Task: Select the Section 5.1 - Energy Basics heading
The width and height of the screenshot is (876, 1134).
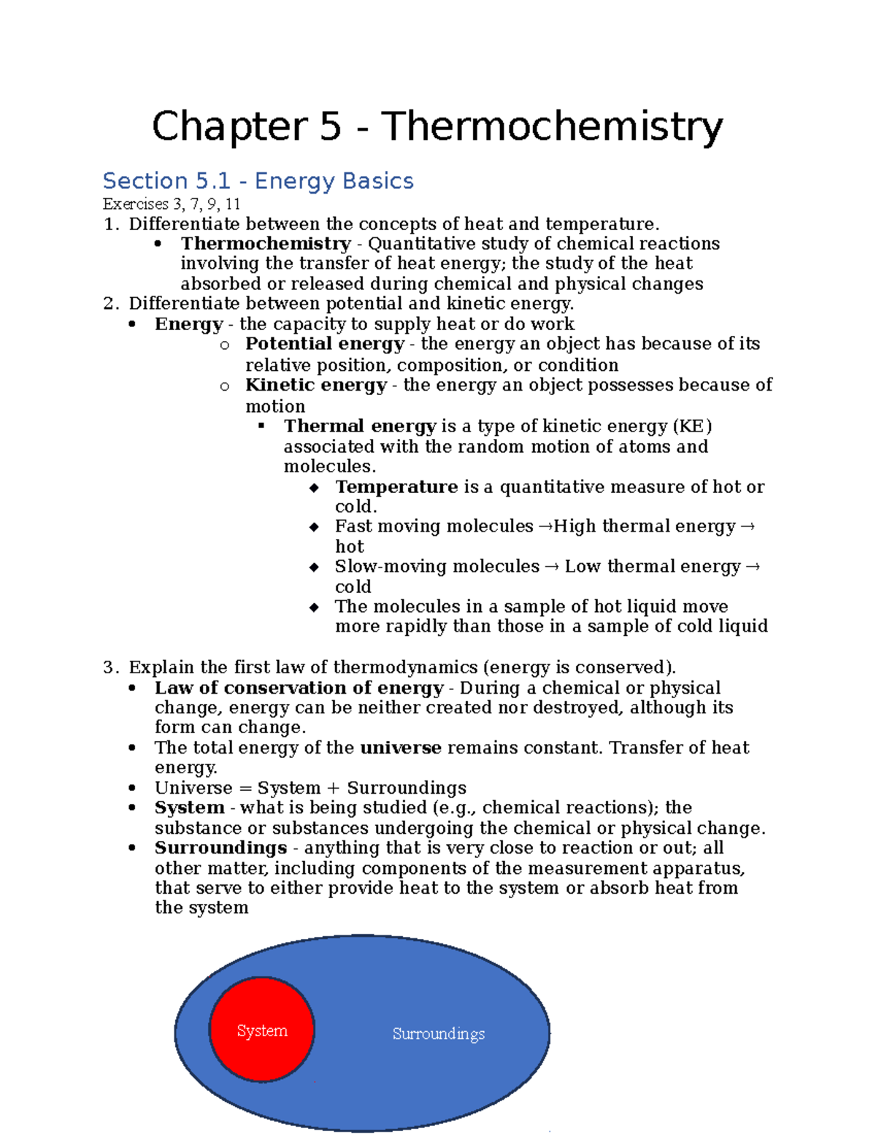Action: [258, 181]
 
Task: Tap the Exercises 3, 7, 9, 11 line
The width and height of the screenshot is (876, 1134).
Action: [172, 204]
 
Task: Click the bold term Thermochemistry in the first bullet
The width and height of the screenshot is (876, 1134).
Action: [266, 244]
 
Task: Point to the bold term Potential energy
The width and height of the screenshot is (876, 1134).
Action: [324, 344]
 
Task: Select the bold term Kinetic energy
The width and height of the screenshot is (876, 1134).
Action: [315, 385]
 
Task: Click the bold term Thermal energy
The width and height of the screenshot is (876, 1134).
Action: [360, 426]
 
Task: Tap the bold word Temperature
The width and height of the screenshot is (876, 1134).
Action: [396, 487]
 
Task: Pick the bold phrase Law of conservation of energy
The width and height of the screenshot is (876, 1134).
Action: [299, 688]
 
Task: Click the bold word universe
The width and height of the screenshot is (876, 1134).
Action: [401, 748]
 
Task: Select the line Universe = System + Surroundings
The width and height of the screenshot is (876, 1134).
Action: [310, 788]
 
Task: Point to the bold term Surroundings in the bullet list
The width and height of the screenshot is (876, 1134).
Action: [220, 848]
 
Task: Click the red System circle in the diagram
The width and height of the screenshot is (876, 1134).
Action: [262, 1030]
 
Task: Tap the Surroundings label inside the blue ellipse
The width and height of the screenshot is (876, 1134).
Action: [438, 1034]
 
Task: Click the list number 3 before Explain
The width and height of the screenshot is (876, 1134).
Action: [109, 667]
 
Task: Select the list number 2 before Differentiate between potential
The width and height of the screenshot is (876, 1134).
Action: [109, 304]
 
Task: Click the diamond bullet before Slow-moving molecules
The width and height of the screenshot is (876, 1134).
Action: [314, 567]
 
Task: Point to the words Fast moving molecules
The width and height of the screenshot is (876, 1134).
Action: [434, 526]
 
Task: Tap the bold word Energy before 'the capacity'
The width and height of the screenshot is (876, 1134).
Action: [188, 324]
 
